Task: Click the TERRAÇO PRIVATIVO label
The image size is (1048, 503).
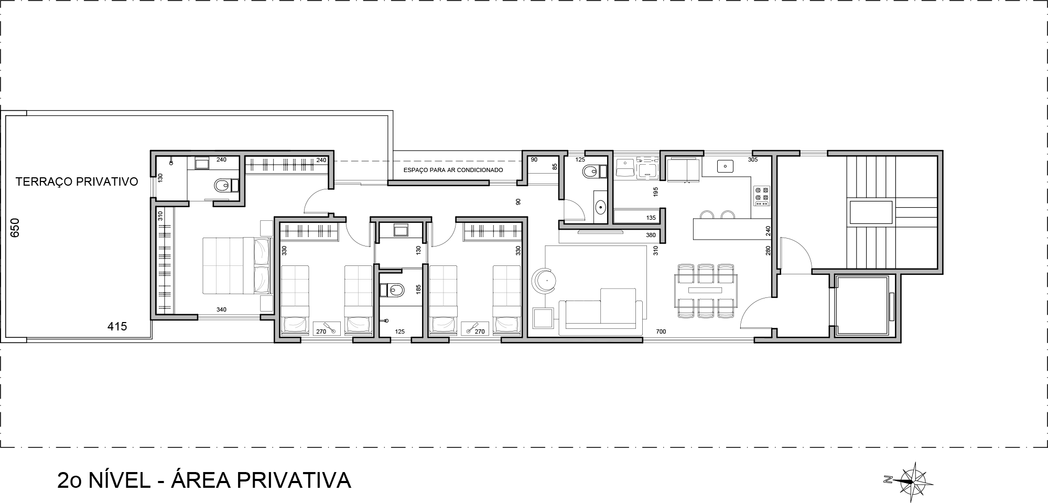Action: coord(77,182)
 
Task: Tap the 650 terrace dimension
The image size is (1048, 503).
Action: coord(15,228)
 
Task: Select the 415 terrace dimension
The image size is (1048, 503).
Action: coord(117,326)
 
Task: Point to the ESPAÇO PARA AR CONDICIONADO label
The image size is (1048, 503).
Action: coord(453,170)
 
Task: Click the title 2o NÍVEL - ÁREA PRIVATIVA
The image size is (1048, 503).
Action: coord(204,480)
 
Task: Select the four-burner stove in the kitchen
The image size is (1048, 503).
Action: coord(761,195)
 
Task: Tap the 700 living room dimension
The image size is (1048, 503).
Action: coord(661,331)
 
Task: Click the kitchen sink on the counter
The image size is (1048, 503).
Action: coord(725,166)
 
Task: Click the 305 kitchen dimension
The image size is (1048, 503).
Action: coord(752,159)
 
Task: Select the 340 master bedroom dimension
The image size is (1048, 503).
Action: coord(221,309)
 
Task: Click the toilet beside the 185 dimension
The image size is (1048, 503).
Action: coord(393,290)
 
